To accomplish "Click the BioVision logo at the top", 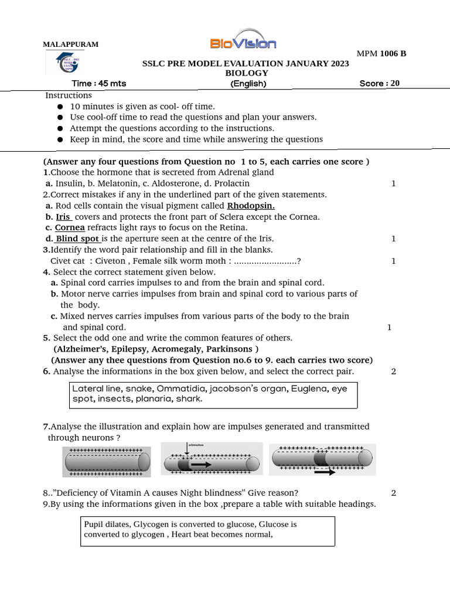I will [243, 41].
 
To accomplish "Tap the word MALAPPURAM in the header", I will [71, 45].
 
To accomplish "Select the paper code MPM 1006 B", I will [381, 54].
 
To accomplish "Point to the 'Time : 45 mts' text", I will [98, 83].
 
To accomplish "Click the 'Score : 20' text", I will [379, 83].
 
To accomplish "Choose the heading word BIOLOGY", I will [247, 73].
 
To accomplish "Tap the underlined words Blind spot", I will [77, 238].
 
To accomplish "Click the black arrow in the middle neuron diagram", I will [201, 464].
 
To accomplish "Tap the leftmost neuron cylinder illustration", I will [106, 461].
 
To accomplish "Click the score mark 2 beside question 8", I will [393, 493].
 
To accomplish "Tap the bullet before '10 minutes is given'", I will [60, 107].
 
